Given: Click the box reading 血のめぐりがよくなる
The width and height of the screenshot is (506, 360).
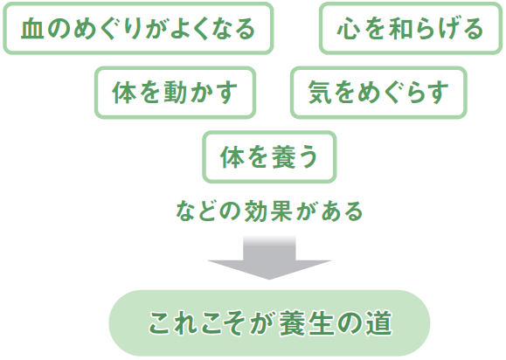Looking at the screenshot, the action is point(138,28).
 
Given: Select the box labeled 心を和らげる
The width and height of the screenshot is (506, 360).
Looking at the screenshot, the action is point(411,28).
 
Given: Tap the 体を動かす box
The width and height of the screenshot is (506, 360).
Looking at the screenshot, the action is point(176,93).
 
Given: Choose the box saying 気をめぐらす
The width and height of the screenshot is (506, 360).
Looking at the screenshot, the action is point(378,93).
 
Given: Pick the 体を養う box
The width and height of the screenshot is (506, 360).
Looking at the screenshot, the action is point(269,156).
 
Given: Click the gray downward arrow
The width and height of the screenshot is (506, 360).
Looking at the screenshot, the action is point(269,258).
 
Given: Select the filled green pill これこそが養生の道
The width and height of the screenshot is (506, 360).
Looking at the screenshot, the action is point(269,323).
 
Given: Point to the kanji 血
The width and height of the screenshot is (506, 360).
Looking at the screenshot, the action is point(32,29).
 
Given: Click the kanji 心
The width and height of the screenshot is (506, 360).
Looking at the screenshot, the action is point(349,29).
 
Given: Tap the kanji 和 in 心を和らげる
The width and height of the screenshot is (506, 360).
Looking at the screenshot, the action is point(400,29).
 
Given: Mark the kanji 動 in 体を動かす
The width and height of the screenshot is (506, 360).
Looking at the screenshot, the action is point(176,93).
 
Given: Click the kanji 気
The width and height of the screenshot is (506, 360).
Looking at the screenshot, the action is point(320,93).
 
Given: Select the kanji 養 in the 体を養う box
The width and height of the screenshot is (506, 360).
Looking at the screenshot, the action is point(283,157).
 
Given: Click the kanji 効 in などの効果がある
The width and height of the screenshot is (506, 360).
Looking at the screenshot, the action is point(255,211).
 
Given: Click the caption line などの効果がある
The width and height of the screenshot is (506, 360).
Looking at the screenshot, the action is point(269,211).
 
